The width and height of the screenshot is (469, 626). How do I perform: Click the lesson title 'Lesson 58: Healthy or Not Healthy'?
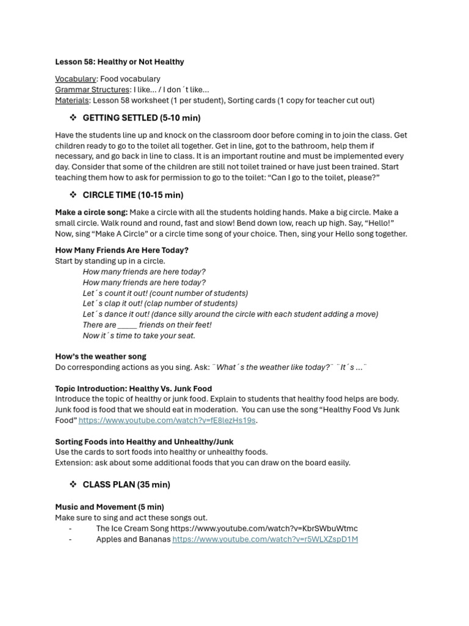pos(119,62)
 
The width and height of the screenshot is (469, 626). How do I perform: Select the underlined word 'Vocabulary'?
pos(75,79)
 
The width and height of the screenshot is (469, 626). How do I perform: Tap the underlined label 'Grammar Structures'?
pos(92,90)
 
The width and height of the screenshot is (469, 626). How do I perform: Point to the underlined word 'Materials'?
pos(72,100)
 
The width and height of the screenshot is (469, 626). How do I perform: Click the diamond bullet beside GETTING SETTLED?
pos(73,117)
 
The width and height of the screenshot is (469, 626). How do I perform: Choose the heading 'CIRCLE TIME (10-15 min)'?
pos(133,195)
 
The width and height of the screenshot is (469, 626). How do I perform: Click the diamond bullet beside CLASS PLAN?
pos(73,484)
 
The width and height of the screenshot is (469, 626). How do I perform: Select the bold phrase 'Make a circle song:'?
pos(91,212)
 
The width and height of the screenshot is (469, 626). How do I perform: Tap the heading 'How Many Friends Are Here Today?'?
pos(122,250)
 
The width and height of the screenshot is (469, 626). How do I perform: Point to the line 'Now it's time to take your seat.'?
pos(139,336)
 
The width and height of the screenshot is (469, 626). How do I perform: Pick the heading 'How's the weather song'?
pos(100,356)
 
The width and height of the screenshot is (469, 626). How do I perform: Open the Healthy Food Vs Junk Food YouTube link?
pos(167,421)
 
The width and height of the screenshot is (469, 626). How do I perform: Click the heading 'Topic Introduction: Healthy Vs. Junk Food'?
pos(133,388)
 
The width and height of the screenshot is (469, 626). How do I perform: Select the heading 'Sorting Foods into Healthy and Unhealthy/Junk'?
pos(144,441)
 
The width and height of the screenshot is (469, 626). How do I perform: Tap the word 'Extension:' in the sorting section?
pos(73,463)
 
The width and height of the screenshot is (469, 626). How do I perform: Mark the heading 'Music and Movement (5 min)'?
pos(109,507)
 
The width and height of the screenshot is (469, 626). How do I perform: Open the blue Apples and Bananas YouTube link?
pos(264,539)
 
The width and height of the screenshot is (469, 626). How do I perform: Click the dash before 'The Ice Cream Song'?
pos(70,528)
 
